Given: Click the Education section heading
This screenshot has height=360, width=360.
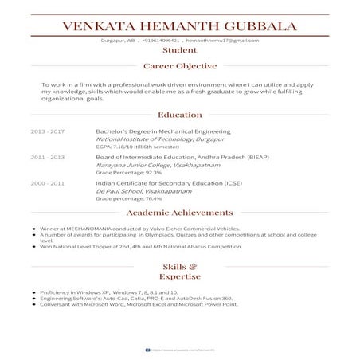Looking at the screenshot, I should (179, 115).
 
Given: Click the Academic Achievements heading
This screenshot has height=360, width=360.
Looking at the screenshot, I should (179, 214).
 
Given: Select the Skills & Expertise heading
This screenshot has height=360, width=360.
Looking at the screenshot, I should (179, 271).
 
